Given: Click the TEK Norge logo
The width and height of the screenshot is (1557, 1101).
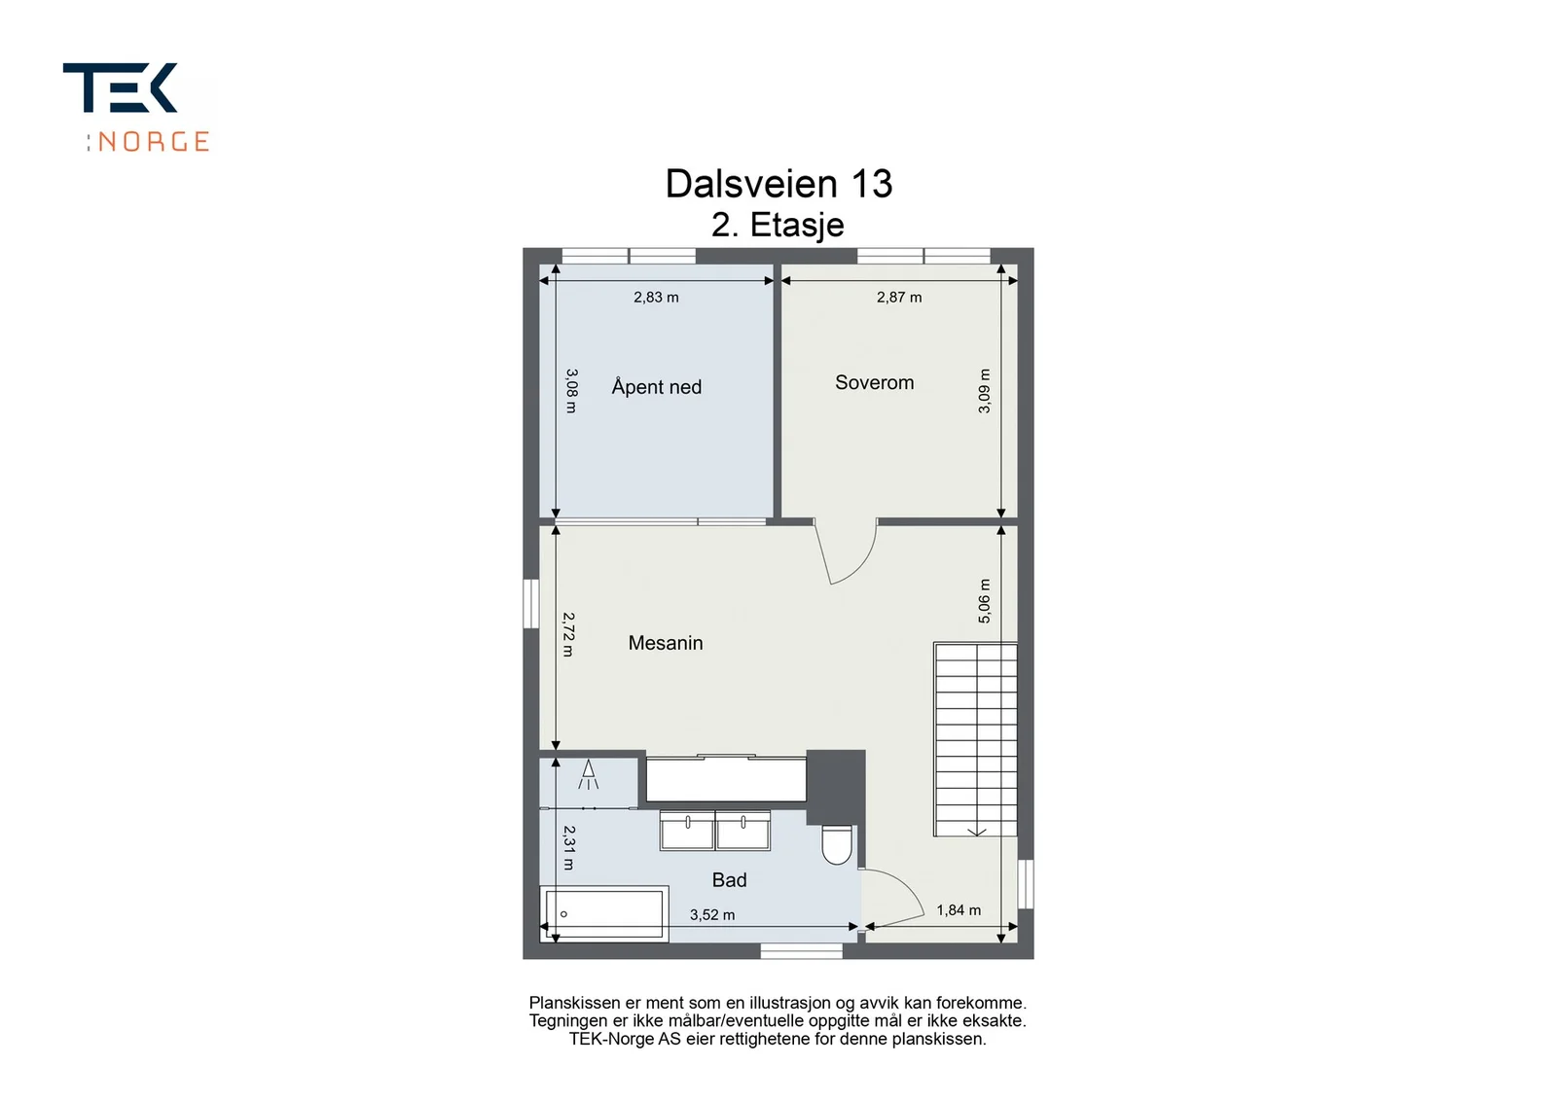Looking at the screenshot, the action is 137,107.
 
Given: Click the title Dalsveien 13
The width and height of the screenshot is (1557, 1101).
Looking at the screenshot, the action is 778,184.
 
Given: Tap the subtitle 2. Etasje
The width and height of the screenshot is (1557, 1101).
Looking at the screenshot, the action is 778,225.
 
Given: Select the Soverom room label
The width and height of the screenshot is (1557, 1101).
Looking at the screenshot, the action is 875,383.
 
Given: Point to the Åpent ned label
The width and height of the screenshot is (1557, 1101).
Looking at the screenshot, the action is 656,386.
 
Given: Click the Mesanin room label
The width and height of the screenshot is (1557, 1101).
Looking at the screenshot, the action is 666,643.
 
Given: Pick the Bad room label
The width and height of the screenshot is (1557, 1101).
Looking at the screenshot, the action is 729,880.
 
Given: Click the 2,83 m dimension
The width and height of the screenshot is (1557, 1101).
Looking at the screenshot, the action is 656,298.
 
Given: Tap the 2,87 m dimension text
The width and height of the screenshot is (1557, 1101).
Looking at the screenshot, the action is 899,298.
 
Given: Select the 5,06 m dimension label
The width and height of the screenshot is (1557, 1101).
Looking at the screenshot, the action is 984,601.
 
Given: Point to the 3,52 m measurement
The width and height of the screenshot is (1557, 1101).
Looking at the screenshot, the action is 711,915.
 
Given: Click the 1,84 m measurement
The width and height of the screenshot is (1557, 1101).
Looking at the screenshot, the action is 959,910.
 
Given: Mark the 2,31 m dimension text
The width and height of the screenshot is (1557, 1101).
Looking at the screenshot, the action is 568,847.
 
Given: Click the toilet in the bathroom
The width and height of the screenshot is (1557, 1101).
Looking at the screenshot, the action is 837,844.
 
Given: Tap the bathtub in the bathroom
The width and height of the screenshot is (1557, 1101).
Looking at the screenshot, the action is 604,914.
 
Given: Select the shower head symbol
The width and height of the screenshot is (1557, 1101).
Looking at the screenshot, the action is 588,774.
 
